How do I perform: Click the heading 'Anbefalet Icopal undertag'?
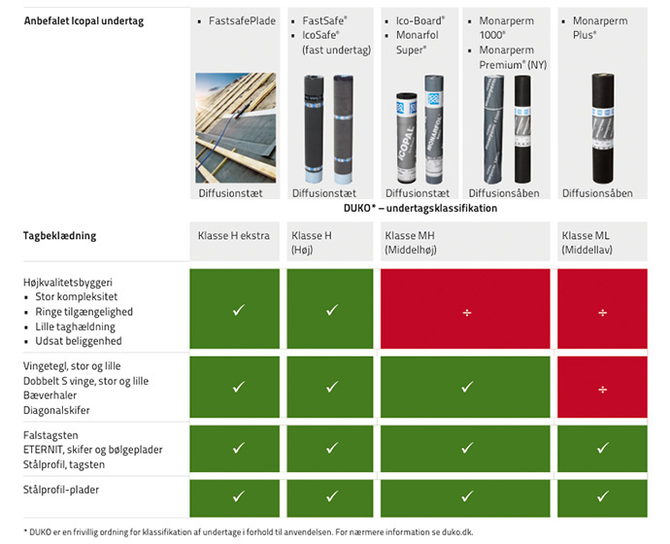pyautogui.click(x=84, y=21)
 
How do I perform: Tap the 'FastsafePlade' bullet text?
pyautogui.click(x=242, y=21)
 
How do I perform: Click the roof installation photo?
pyautogui.click(x=235, y=128)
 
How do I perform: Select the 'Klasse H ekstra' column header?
pyautogui.click(x=233, y=235)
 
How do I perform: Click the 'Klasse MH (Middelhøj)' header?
pyautogui.click(x=411, y=242)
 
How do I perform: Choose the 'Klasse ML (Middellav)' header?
pyautogui.click(x=586, y=242)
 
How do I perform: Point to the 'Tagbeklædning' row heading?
pyautogui.click(x=60, y=235)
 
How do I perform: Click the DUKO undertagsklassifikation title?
pyautogui.click(x=420, y=208)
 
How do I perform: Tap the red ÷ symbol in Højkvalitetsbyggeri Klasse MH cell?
pyautogui.click(x=467, y=313)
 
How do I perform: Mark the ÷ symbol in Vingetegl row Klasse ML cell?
pyautogui.click(x=602, y=390)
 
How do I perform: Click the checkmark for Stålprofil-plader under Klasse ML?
pyautogui.click(x=603, y=496)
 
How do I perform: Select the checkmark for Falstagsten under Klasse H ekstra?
pyautogui.click(x=239, y=448)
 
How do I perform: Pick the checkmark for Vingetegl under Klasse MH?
pyautogui.click(x=467, y=387)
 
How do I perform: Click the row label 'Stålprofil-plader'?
pyautogui.click(x=61, y=490)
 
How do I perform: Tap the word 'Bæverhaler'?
pyautogui.click(x=50, y=395)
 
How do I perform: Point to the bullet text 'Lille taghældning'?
pyautogui.click(x=75, y=327)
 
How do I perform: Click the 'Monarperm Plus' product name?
pyautogui.click(x=600, y=28)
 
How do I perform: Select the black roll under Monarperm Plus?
pyautogui.click(x=603, y=128)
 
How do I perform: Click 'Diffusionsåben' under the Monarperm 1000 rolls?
pyautogui.click(x=504, y=193)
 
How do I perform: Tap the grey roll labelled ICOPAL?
pyautogui.click(x=406, y=138)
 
